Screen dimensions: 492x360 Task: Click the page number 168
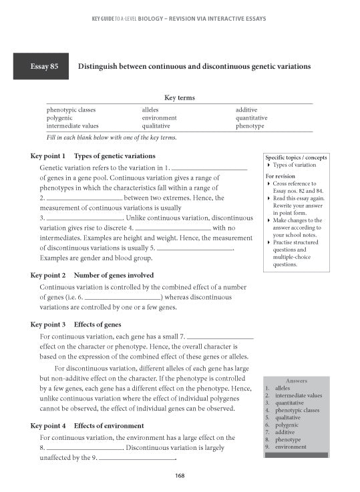[180, 475]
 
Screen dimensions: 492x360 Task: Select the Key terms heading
[179, 97]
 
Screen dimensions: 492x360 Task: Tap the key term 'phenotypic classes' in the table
[71, 109]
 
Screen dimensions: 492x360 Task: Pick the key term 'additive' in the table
[246, 109]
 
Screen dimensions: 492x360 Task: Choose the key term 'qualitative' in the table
[156, 125]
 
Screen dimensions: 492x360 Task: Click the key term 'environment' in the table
[159, 117]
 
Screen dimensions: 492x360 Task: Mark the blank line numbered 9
[137, 459]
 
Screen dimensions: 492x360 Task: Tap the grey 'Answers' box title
[296, 381]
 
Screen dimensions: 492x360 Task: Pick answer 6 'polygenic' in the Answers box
[287, 425]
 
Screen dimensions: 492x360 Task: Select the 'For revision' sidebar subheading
[281, 176]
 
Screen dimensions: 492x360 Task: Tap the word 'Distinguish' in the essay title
[99, 67]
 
